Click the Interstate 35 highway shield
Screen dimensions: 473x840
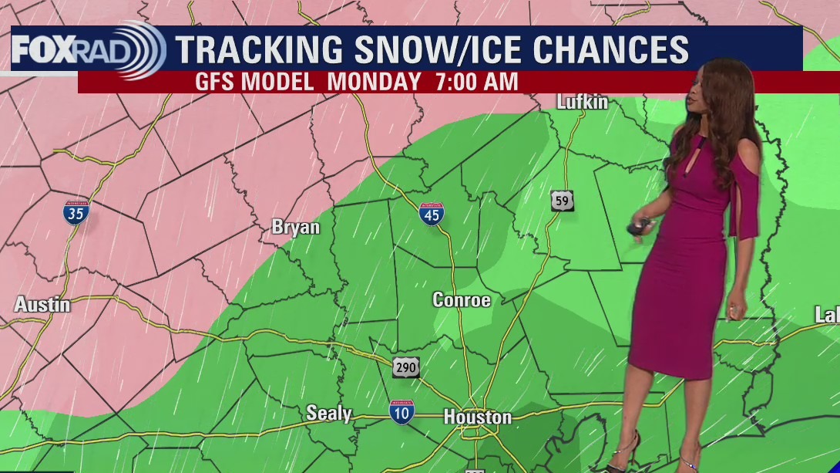click(x=76, y=212)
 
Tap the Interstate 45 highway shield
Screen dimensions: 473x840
click(x=431, y=214)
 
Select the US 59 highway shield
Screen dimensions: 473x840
click(x=562, y=201)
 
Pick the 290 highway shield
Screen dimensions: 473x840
click(x=405, y=367)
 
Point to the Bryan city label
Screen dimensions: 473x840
click(x=295, y=228)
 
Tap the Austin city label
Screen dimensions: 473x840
click(x=42, y=305)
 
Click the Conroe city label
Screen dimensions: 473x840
click(x=462, y=300)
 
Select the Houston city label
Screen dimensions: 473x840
click(x=477, y=417)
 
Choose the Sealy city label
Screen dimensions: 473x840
click(x=329, y=414)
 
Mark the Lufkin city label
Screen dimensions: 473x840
click(x=583, y=102)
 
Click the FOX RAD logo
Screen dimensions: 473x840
click(x=87, y=49)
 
